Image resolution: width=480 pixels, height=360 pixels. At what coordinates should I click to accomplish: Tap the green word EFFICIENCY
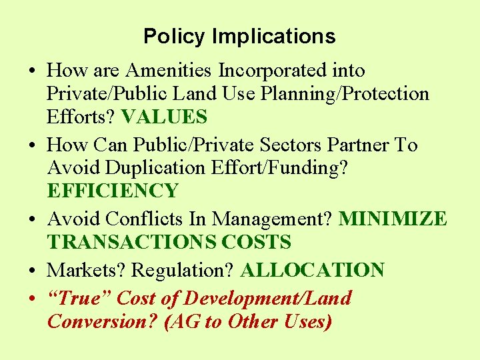113,191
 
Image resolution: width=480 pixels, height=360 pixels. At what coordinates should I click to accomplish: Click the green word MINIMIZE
393,219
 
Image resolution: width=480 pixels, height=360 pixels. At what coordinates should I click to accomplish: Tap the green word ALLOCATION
313,270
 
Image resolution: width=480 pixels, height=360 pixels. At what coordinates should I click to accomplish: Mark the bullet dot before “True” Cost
33,299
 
